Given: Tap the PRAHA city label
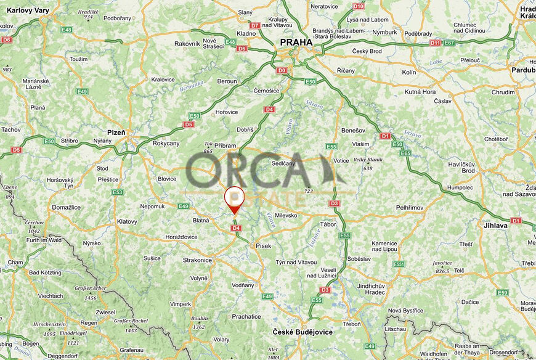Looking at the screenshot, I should click(296, 42).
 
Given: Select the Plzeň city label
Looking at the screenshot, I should click(116, 133).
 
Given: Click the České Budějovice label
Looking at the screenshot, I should click(303, 332).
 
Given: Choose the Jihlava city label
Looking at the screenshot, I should click(495, 226).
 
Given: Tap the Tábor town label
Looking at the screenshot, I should click(328, 224).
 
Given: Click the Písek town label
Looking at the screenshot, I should click(263, 246).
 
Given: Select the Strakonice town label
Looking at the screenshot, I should click(197, 261).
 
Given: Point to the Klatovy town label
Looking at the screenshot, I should click(127, 221).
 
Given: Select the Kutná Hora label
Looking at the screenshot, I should click(420, 92).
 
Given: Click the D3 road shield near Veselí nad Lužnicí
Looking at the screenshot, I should click(325, 290).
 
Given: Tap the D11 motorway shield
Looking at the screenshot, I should click(435, 43).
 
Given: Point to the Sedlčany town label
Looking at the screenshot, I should click(284, 163).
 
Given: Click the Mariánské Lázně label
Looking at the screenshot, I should click(36, 84).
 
